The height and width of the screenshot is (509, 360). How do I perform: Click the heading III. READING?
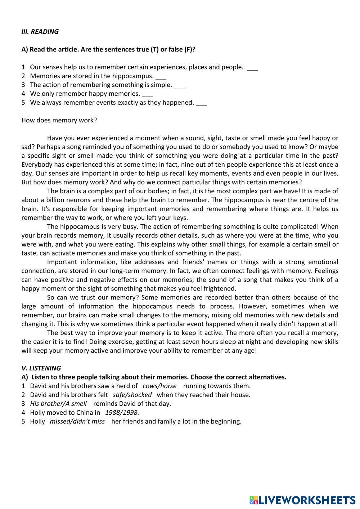pyautogui.click(x=40, y=32)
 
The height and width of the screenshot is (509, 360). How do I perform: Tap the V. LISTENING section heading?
pyautogui.click(x=41, y=368)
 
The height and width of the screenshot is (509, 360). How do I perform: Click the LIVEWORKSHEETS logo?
pyautogui.click(x=302, y=500)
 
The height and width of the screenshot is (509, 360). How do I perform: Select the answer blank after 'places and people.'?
pyautogui.click(x=252, y=68)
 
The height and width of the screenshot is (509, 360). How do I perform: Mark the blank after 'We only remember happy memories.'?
pyautogui.click(x=147, y=94)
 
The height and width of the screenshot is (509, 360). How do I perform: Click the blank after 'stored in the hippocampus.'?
pyautogui.click(x=161, y=77)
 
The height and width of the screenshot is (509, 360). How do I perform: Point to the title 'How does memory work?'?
pyautogui.click(x=59, y=120)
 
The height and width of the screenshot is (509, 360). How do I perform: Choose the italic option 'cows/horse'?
pyautogui.click(x=159, y=386)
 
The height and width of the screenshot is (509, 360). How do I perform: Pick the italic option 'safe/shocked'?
pyautogui.click(x=132, y=395)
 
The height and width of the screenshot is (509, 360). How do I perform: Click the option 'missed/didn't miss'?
pyautogui.click(x=77, y=421)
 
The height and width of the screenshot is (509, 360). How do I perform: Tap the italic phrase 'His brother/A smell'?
pyautogui.click(x=58, y=404)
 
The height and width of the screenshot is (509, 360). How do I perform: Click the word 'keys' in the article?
pyautogui.click(x=180, y=218)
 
